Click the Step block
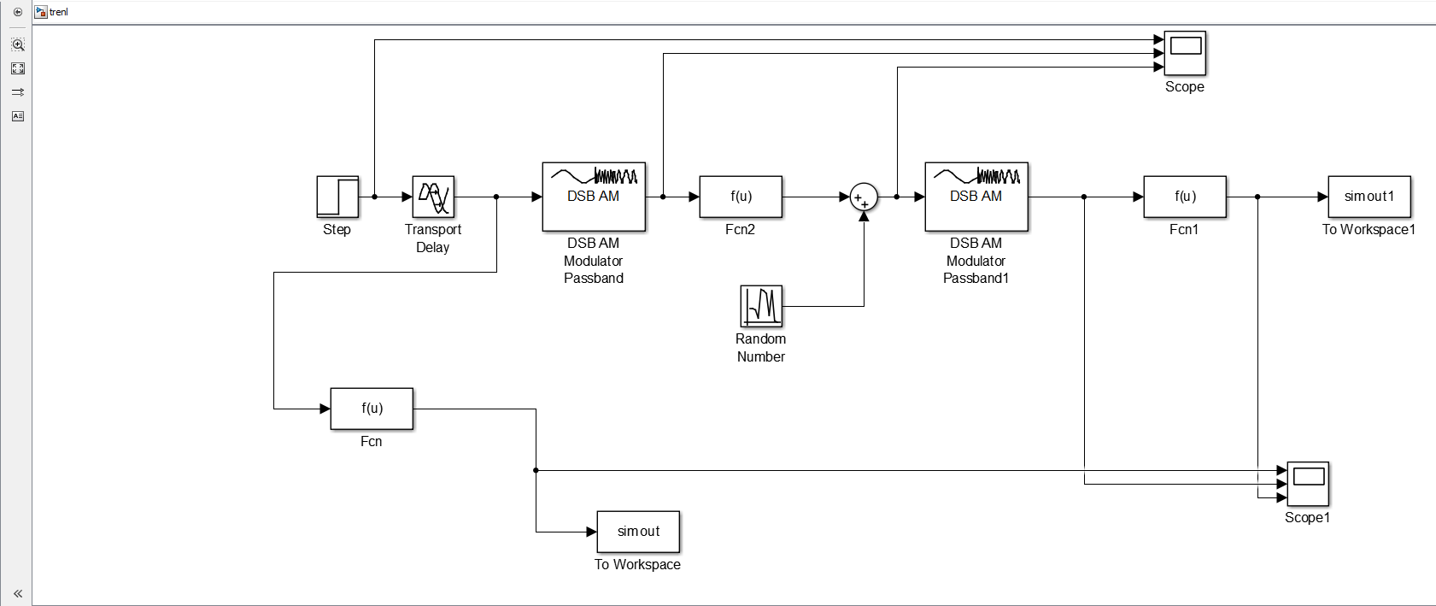pos(337,197)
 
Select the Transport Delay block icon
pos(433,197)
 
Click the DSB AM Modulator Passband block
pos(594,197)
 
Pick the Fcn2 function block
pos(741,197)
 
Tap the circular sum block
pos(864,197)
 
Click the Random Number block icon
pos(762,307)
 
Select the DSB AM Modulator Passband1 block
pos(976,197)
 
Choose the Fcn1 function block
pos(1185,197)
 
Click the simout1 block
pos(1369,197)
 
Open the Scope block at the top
pos(1186,53)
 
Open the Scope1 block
pos(1309,484)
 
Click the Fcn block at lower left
pos(372,409)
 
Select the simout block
pos(638,532)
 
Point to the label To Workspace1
pos(1369,230)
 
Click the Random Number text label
pos(761,348)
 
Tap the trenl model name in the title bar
pos(58,12)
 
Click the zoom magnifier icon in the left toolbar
pos(18,44)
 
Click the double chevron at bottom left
pos(18,594)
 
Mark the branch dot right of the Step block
pos(375,197)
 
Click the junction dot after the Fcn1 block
pos(1257,197)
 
